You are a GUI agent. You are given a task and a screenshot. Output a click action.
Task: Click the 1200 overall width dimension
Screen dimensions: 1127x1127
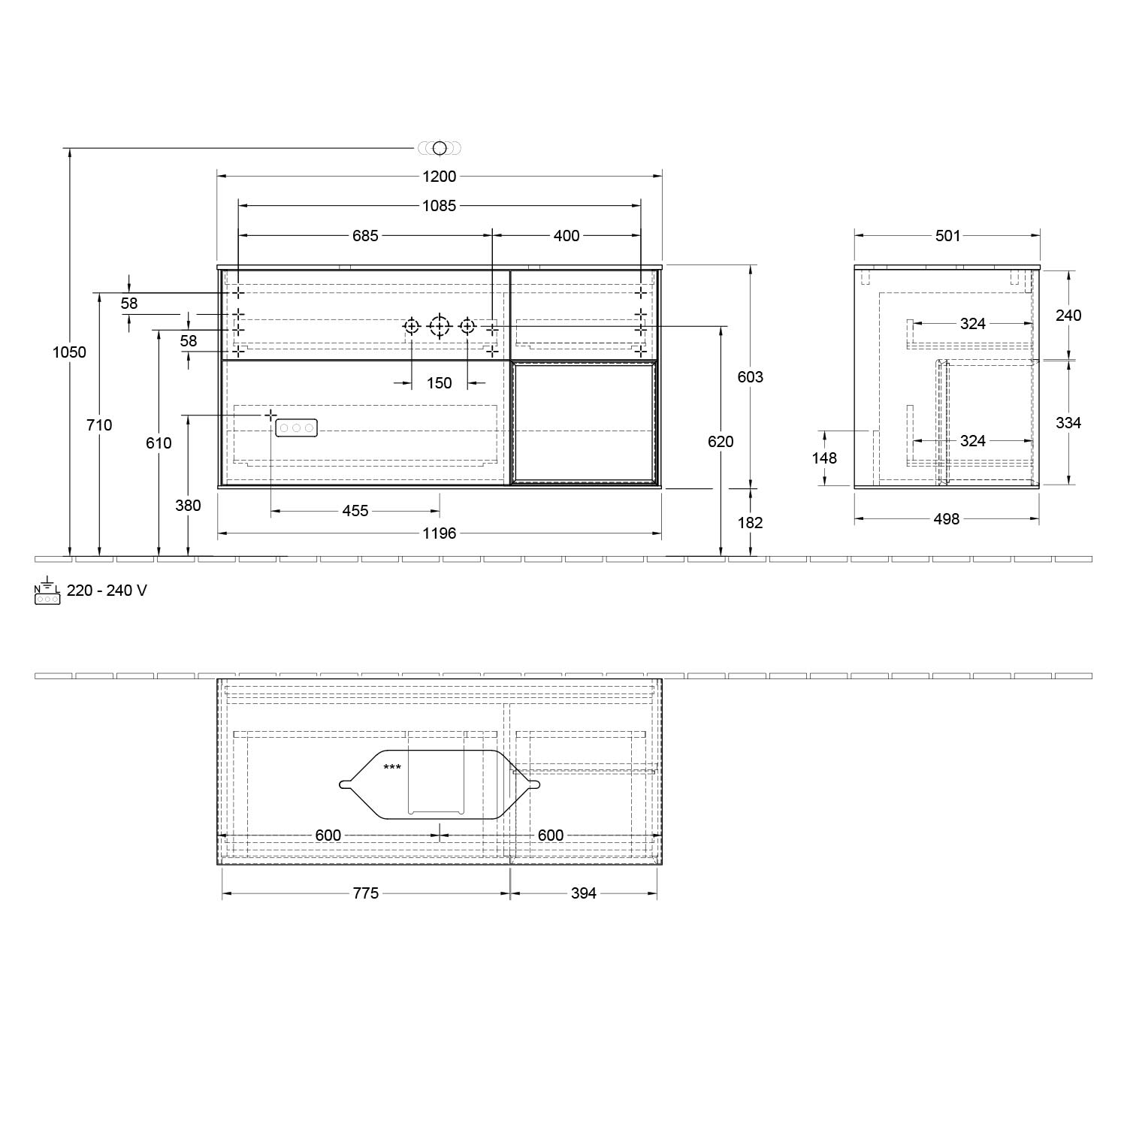click(440, 177)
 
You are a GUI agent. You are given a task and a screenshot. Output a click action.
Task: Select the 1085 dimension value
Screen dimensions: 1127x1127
click(440, 206)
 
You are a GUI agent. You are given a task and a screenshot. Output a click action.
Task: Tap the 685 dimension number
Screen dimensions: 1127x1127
click(365, 236)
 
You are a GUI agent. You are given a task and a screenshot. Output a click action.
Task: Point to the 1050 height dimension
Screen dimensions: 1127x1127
click(69, 352)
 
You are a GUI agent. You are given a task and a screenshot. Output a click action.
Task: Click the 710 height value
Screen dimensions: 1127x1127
click(99, 425)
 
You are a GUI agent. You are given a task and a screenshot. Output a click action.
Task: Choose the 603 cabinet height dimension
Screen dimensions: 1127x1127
click(750, 377)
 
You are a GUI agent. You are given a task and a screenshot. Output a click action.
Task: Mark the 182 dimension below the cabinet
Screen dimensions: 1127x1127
click(750, 523)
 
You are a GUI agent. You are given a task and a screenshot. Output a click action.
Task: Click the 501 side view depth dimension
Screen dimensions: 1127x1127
click(947, 236)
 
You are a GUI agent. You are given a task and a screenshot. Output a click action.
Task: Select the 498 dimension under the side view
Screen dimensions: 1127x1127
click(947, 519)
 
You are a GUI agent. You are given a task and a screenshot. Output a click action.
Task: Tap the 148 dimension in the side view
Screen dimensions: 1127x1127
click(824, 458)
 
